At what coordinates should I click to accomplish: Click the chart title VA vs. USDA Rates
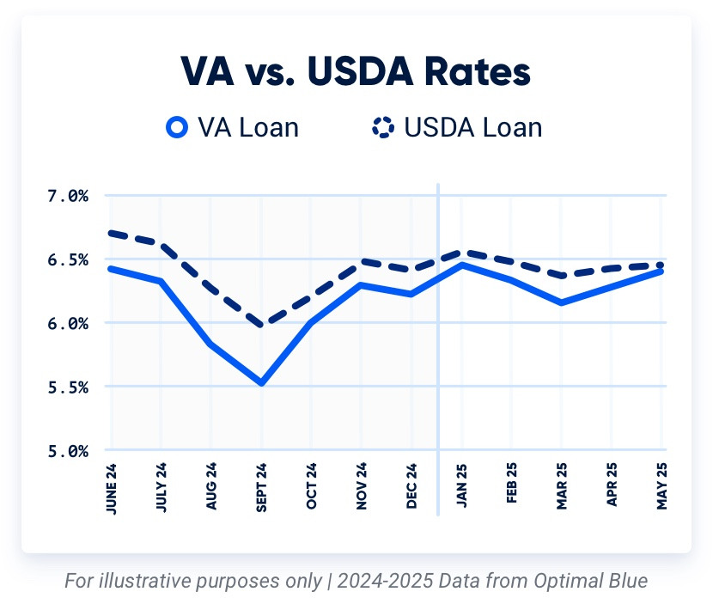click(x=356, y=72)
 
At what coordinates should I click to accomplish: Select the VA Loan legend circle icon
click(x=177, y=128)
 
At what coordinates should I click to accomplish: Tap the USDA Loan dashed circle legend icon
click(x=382, y=128)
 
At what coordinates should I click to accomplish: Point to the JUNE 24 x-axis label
click(x=111, y=491)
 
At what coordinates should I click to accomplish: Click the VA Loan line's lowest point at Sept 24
click(x=261, y=382)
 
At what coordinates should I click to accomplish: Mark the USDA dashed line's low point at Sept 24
click(x=261, y=325)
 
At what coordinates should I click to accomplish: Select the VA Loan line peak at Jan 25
click(x=462, y=265)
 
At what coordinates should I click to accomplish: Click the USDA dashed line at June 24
click(x=112, y=233)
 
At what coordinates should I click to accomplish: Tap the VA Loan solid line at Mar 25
click(x=562, y=302)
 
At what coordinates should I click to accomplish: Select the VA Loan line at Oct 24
click(x=311, y=322)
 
